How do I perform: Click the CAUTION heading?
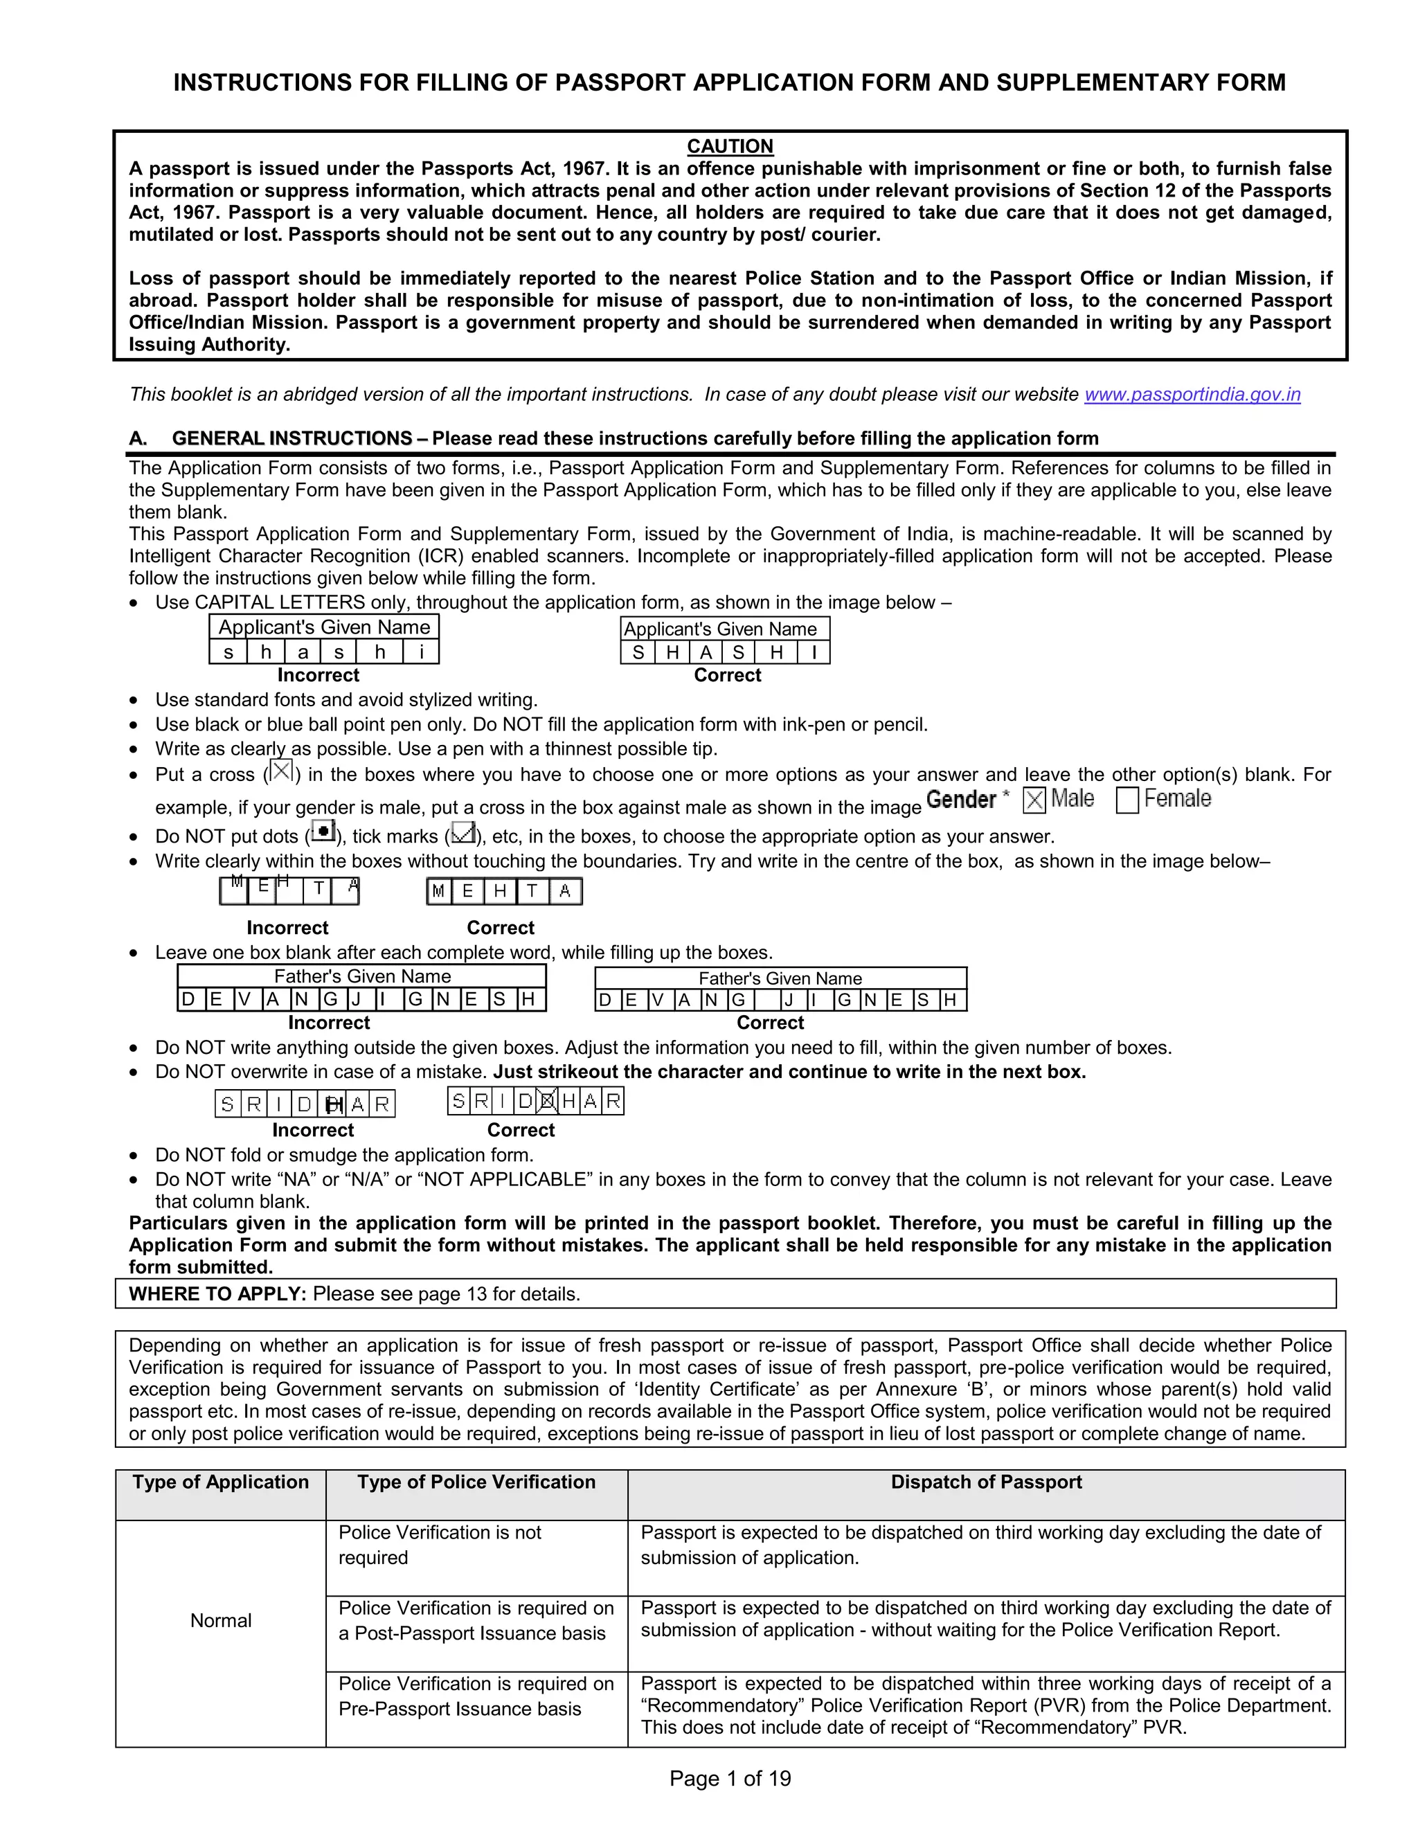729,146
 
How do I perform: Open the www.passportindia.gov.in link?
1191,394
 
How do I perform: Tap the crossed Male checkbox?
1033,799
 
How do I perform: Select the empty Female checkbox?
1127,799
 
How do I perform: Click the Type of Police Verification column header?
476,1482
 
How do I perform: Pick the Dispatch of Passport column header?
986,1482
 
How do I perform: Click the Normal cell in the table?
220,1620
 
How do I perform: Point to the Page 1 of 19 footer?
729,1778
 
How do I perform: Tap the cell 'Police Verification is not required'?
439,1544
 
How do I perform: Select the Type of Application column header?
220,1482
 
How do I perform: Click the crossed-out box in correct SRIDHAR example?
547,1100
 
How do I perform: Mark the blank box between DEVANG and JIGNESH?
766,1000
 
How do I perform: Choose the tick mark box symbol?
463,833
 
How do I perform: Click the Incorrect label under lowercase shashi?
318,675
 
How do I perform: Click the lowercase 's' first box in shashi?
228,652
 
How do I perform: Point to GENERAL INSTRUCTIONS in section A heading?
292,438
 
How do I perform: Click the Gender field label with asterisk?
967,799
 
